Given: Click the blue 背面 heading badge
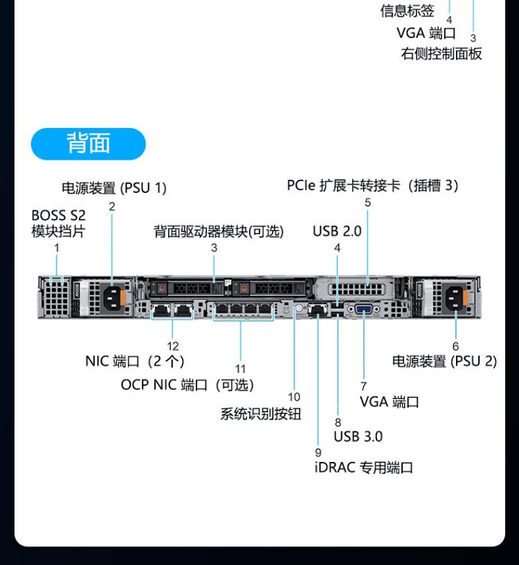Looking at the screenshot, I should point(89,144).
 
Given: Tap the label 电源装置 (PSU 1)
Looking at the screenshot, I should point(114,187).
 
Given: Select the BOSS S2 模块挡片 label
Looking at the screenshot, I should point(59,223).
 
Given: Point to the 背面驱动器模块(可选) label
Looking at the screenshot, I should point(219,231).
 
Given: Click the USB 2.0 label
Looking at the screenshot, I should point(337,231).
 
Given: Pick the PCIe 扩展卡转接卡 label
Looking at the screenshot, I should point(373,185).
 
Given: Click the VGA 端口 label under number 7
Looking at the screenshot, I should point(390,402).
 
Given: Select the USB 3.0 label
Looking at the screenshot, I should point(358,436).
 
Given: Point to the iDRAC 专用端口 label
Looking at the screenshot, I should point(363,467).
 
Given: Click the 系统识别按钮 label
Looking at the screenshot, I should point(261,414).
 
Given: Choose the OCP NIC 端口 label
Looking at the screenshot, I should point(188,385).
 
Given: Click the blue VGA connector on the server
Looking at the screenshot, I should point(364,310).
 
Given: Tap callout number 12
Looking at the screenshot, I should point(173,346).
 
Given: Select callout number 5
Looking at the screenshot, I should point(368,203).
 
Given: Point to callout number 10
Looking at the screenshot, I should point(295,397).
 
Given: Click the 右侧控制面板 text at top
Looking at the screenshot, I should point(441,54).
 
